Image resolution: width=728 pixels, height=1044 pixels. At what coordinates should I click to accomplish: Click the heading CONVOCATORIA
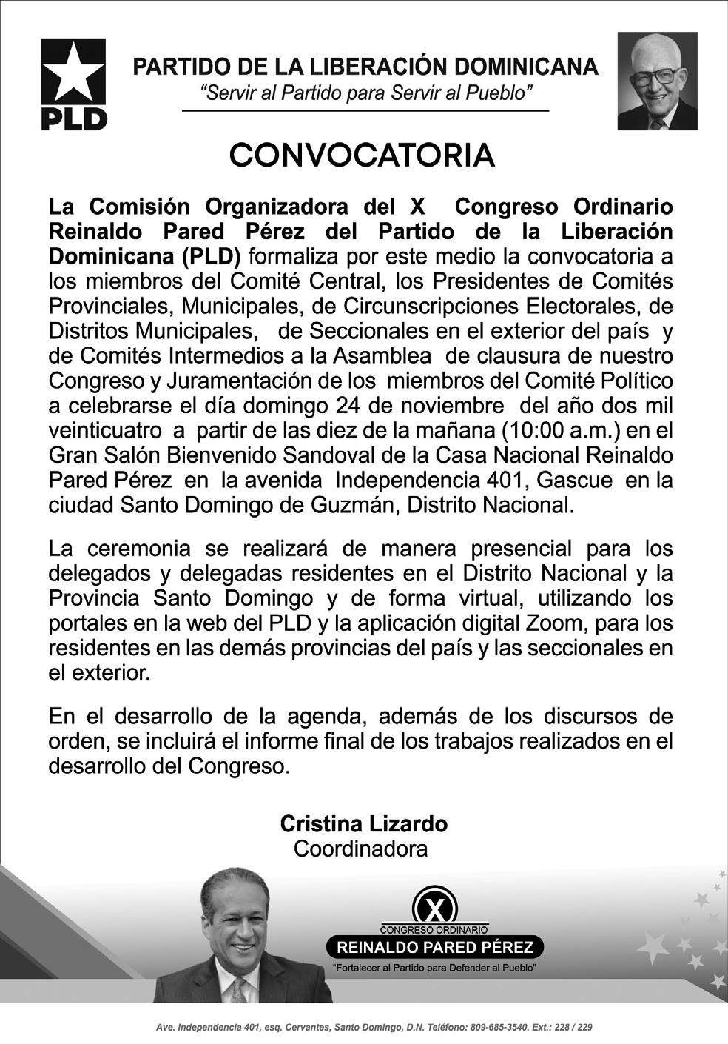point(362,155)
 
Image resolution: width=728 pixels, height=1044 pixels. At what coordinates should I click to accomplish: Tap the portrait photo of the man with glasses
point(657,81)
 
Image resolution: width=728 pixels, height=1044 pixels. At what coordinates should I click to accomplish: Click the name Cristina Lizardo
point(363,823)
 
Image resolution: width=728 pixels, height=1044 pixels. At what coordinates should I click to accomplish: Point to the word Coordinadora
point(360,849)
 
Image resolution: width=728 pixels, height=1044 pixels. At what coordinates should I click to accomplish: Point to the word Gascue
point(575,480)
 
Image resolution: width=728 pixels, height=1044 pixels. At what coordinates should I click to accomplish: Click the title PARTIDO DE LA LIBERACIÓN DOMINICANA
point(365,67)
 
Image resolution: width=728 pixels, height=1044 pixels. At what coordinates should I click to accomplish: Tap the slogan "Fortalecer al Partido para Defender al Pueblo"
point(434,968)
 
